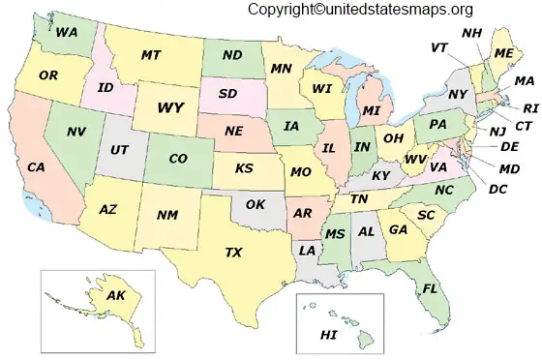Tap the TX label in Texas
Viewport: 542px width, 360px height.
233,253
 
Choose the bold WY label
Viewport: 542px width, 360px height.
170,106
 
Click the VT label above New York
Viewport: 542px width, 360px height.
439,47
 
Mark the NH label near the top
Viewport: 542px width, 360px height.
471,33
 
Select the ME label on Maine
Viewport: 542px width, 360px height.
505,53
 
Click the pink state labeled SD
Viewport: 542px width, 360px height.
228,94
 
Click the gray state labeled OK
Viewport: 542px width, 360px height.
256,204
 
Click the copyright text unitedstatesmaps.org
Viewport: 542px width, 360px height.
359,10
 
